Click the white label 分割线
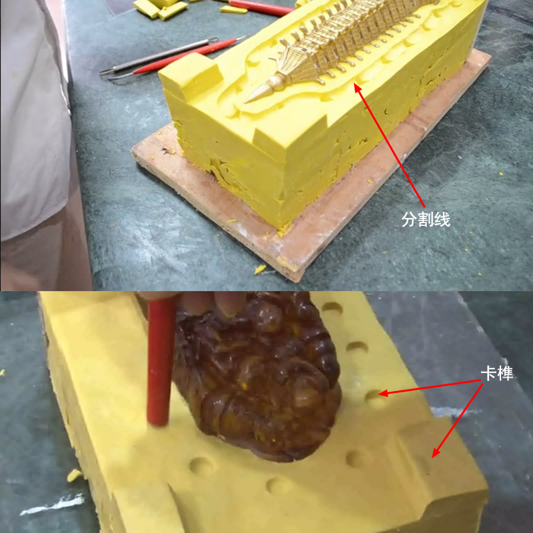click(x=426, y=219)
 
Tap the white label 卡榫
click(x=497, y=374)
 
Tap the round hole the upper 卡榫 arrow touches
click(x=374, y=398)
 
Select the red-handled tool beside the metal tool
click(x=187, y=56)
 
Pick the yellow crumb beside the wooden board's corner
click(x=260, y=269)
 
